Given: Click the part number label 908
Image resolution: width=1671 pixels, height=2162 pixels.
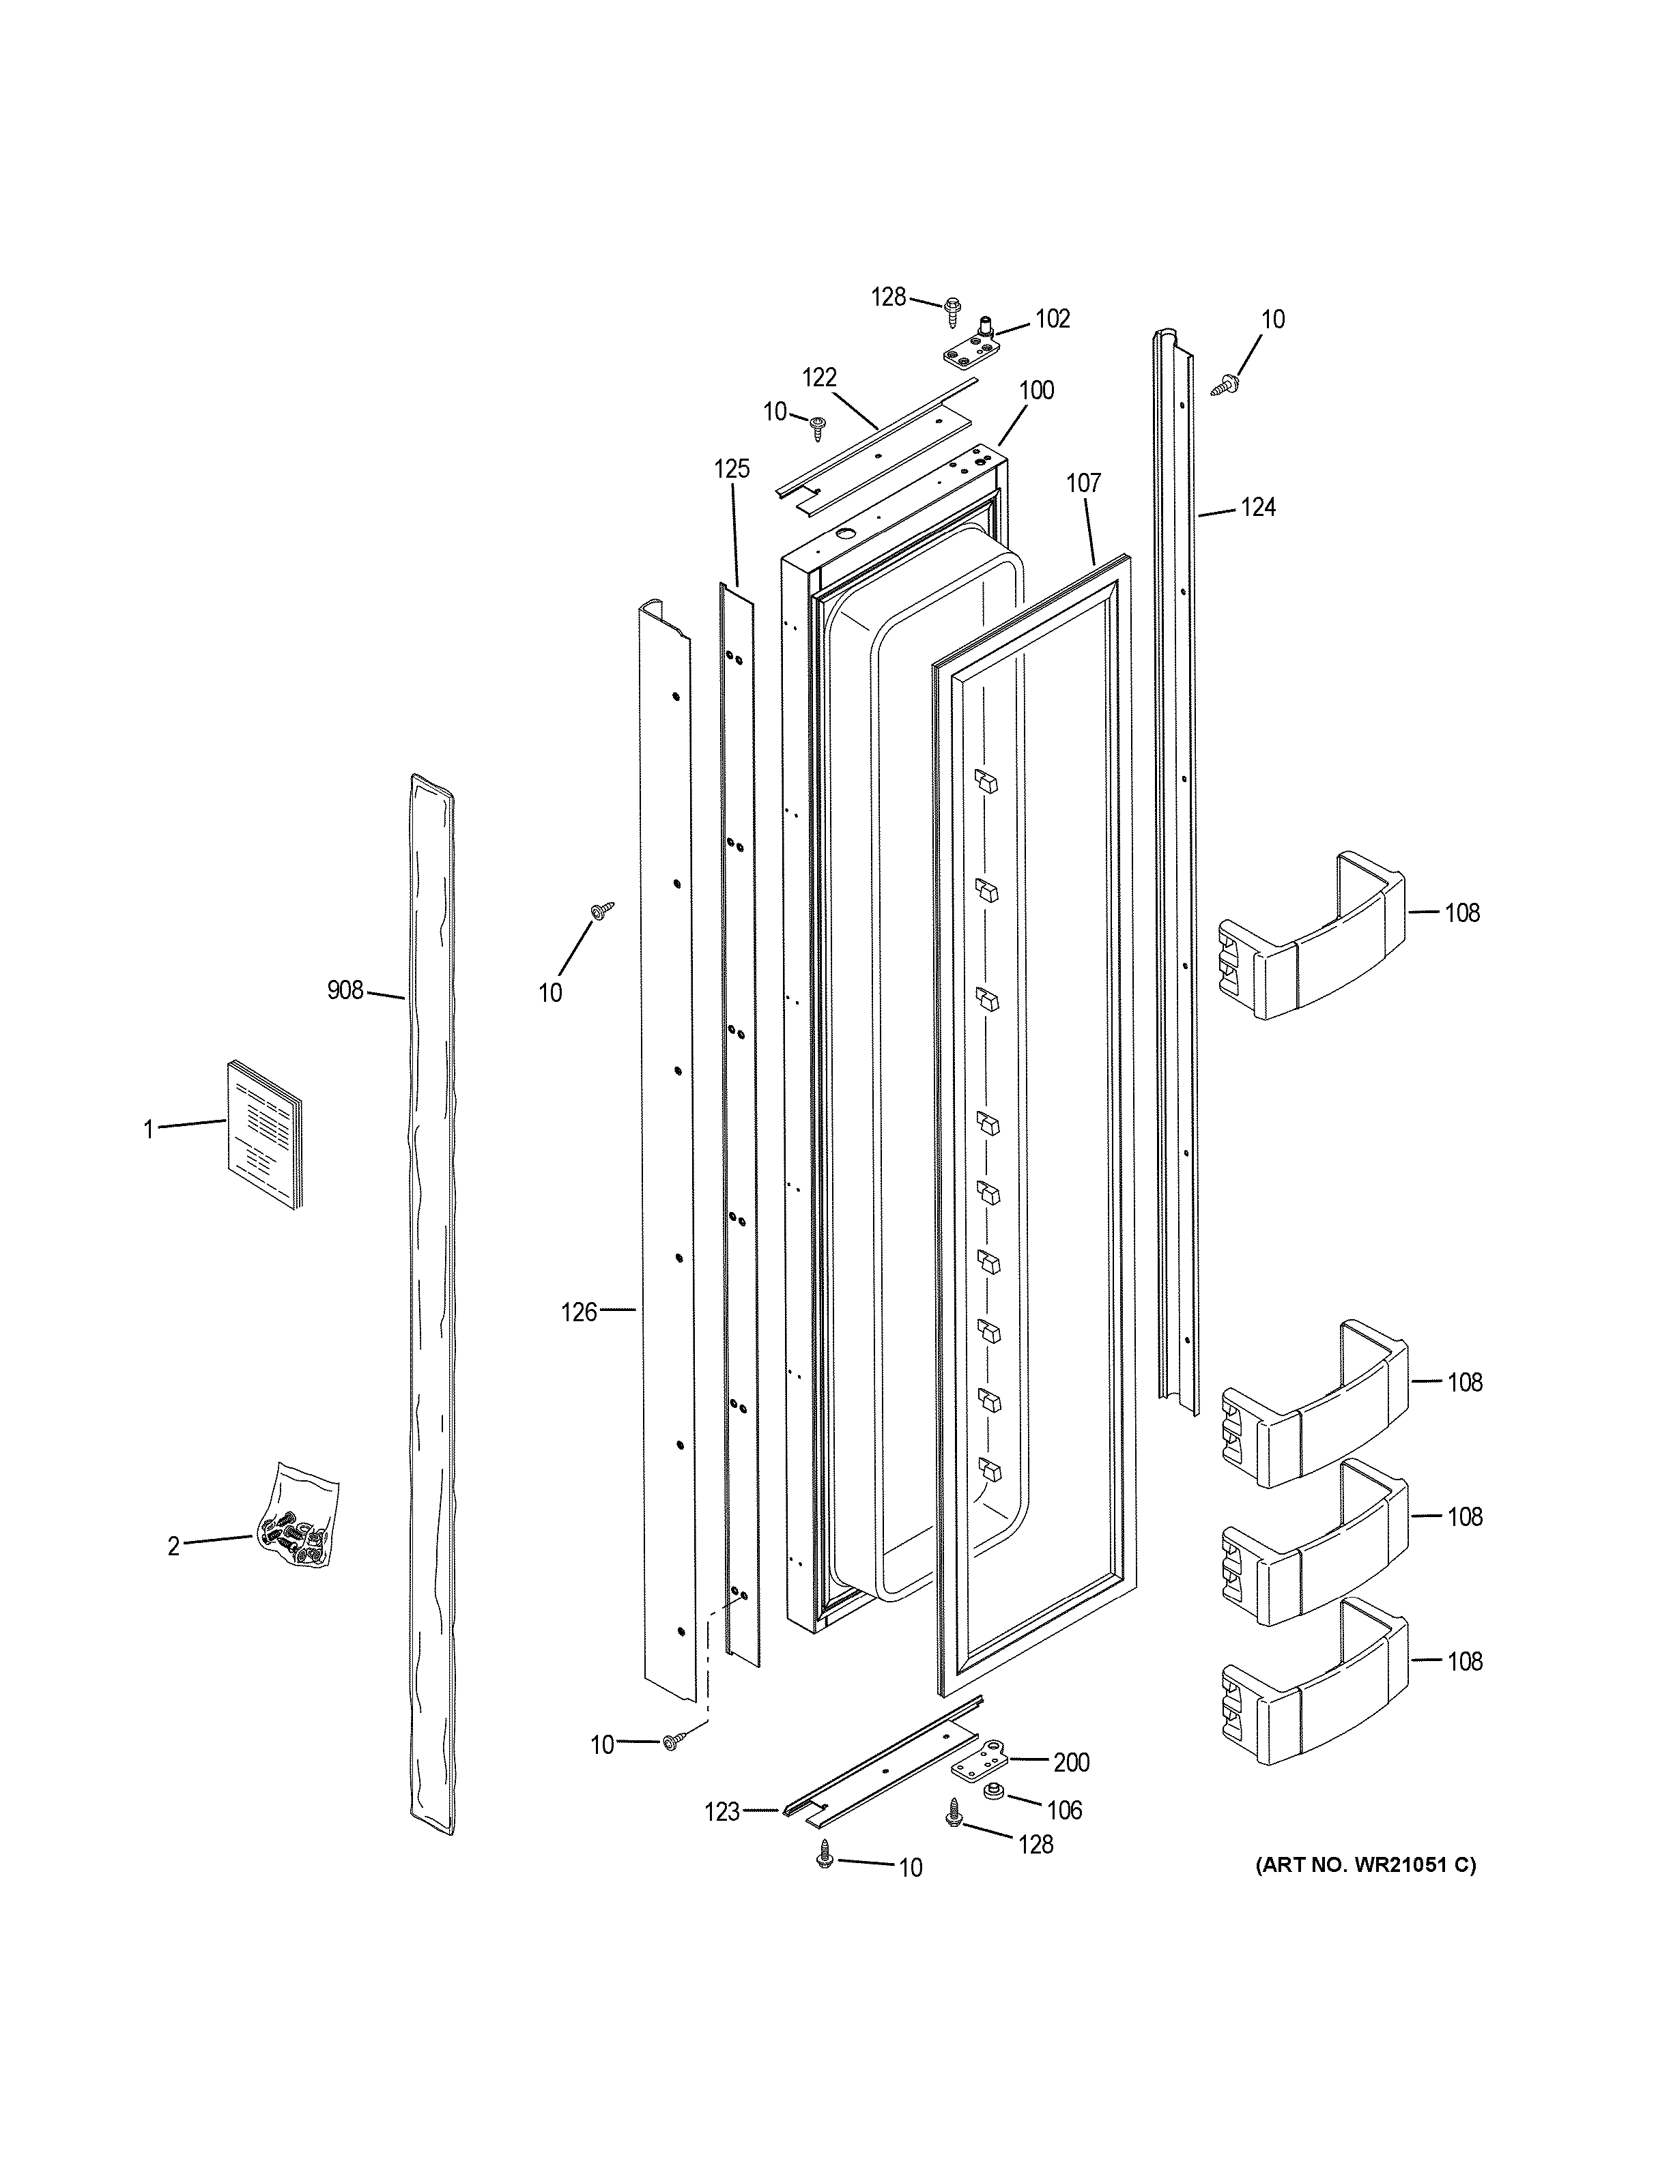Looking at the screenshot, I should [x=345, y=990].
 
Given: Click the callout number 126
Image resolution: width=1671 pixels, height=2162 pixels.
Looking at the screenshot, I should [x=579, y=1312].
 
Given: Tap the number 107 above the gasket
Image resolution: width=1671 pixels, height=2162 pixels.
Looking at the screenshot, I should [x=1083, y=483].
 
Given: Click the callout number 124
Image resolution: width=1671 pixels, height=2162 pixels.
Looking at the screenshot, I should [x=1258, y=508].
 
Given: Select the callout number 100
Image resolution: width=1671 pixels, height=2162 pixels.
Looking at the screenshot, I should [x=1036, y=390].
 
